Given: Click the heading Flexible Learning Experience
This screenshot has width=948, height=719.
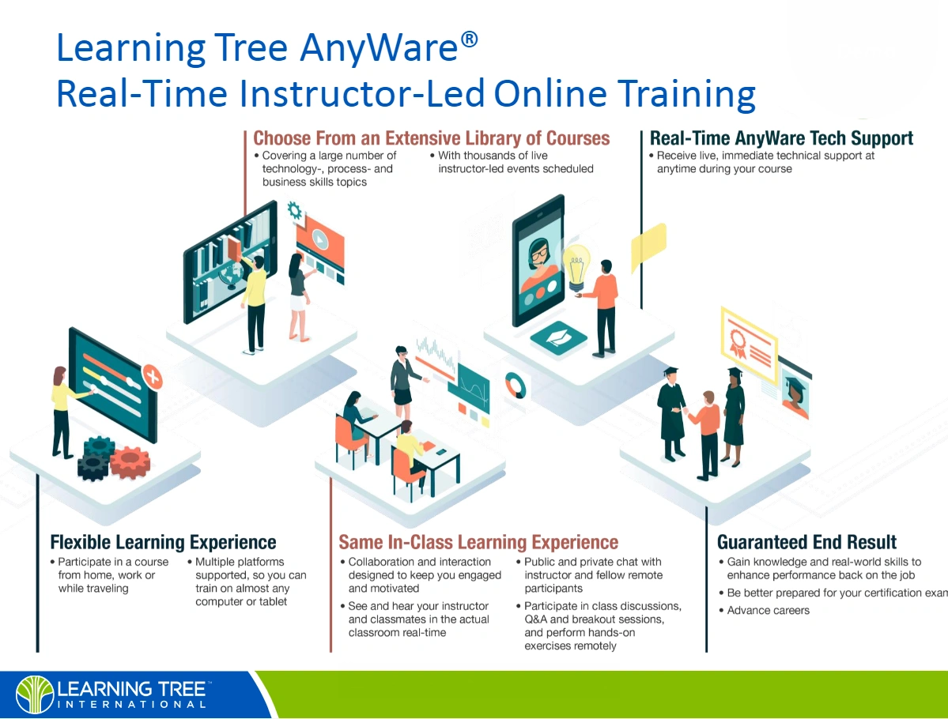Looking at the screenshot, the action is pyautogui.click(x=163, y=542).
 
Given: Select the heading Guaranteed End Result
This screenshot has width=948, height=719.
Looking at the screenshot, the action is pyautogui.click(x=806, y=542).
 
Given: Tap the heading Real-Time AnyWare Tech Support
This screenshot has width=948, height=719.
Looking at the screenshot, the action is pyautogui.click(x=781, y=138).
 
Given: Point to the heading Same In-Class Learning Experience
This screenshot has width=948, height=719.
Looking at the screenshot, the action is pyautogui.click(x=478, y=542).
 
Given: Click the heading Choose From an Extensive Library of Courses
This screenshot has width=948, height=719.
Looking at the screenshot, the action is pyautogui.click(x=431, y=138).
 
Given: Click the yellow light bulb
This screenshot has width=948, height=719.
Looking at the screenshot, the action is pyautogui.click(x=576, y=268).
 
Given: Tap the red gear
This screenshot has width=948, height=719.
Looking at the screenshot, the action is pyautogui.click(x=130, y=462).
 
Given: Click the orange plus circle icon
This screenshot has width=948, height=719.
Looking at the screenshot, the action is pyautogui.click(x=153, y=378).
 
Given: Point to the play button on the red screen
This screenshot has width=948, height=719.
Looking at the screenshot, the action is pyautogui.click(x=320, y=240).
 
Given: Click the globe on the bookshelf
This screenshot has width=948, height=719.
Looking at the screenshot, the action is pyautogui.click(x=231, y=276).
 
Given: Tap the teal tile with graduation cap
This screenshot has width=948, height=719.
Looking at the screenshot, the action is pyautogui.click(x=558, y=338).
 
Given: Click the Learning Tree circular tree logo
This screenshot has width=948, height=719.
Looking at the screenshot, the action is pyautogui.click(x=35, y=695).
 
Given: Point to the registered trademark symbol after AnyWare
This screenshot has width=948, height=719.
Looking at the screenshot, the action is pyautogui.click(x=469, y=40).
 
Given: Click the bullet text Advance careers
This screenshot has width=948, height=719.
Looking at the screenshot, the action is pyautogui.click(x=768, y=610).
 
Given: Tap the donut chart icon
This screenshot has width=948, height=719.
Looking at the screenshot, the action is pyautogui.click(x=515, y=385).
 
